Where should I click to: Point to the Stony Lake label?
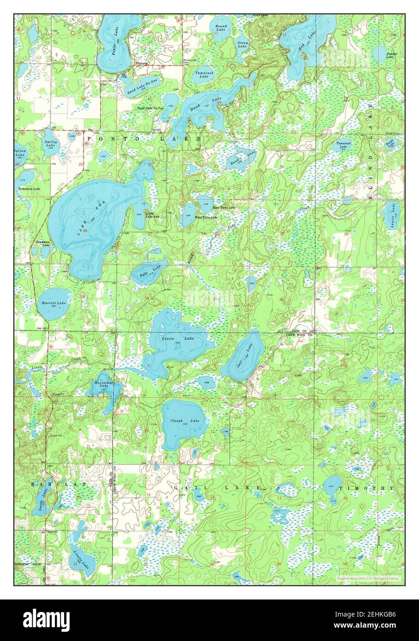coord(242,44)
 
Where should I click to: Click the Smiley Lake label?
coord(50,143)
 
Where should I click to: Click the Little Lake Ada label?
coord(153,215)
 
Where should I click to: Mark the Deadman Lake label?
coord(43,243)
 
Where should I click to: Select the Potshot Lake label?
coord(392,55)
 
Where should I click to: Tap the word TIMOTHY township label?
coord(366,488)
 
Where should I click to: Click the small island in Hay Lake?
coord(304,55)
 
